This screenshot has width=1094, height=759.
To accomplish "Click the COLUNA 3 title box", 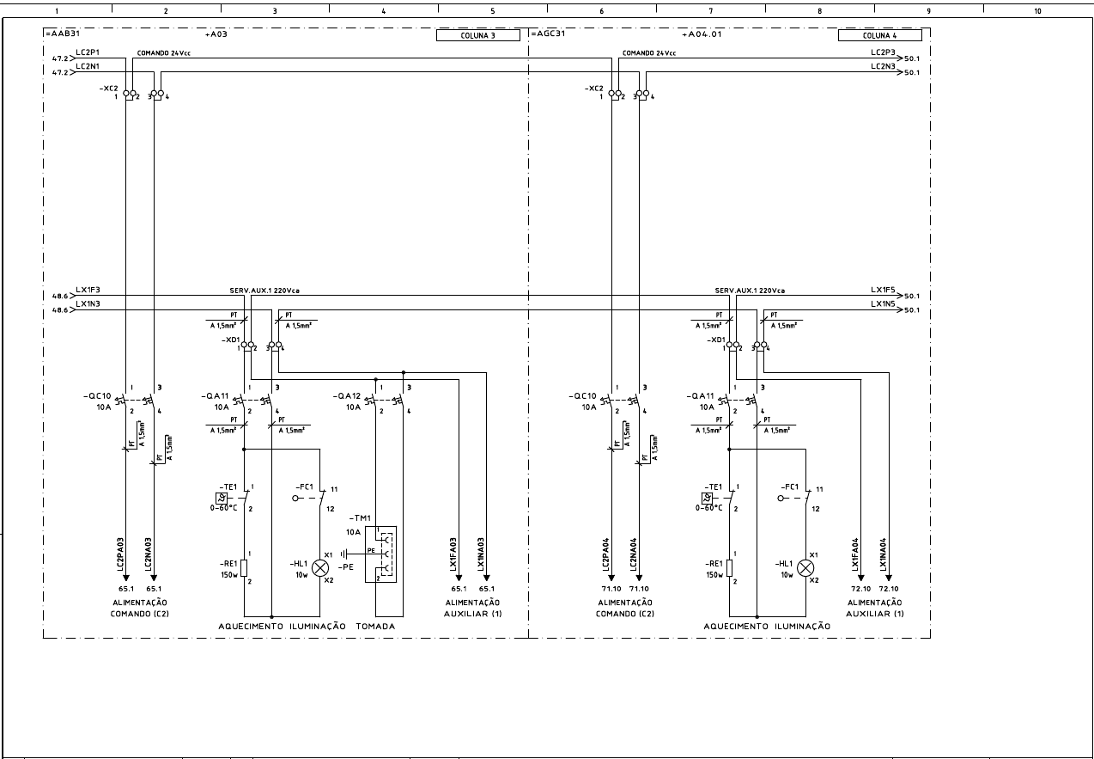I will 478,36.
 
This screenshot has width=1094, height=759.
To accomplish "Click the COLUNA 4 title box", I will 879,36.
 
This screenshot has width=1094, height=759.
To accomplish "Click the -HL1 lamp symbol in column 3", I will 320,567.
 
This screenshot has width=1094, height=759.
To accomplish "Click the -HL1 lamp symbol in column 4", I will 805,567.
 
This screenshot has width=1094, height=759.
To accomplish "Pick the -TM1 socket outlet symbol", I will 381,554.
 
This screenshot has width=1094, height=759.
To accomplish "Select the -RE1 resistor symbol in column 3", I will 244,567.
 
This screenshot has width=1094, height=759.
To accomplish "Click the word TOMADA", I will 375,627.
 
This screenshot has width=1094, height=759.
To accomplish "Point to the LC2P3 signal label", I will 883,53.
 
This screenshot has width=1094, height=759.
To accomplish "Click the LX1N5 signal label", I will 883,304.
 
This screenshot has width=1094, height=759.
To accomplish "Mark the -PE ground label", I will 345,568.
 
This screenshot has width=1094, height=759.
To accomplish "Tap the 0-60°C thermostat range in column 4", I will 708,508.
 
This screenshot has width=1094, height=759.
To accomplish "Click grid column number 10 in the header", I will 1037,11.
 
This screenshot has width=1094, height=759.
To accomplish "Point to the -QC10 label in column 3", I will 100,395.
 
